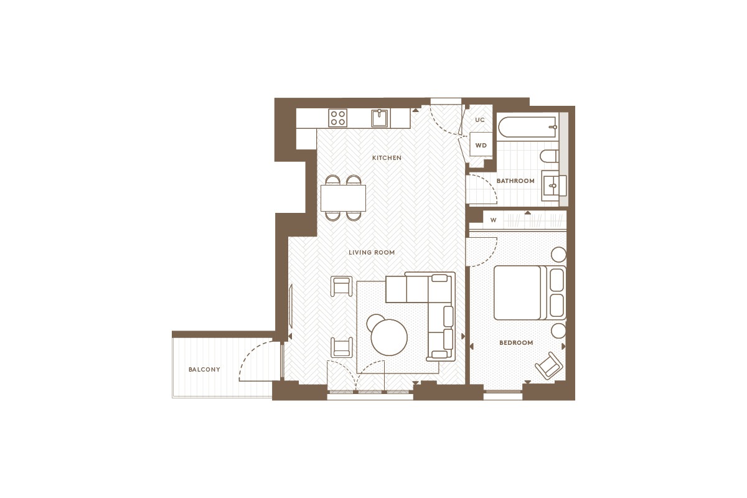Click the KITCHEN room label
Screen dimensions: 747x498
click(x=387, y=157)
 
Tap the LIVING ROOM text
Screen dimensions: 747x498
click(x=372, y=253)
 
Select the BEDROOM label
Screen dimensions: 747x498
click(x=516, y=342)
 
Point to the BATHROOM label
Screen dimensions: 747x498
click(x=515, y=181)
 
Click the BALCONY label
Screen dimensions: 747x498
click(x=204, y=370)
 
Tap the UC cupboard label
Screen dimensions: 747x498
click(x=479, y=120)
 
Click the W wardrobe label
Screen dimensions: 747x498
click(x=493, y=220)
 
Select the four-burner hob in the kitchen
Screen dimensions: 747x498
click(x=337, y=118)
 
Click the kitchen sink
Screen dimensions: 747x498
click(x=380, y=118)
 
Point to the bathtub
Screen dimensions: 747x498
click(x=528, y=127)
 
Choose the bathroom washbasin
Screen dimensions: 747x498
click(x=553, y=186)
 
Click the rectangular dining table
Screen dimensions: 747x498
click(x=343, y=198)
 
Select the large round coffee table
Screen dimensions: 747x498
click(x=389, y=337)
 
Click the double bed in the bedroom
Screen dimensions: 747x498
click(x=530, y=293)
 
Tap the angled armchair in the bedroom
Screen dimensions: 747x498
click(x=549, y=365)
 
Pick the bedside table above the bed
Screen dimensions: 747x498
click(x=558, y=255)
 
